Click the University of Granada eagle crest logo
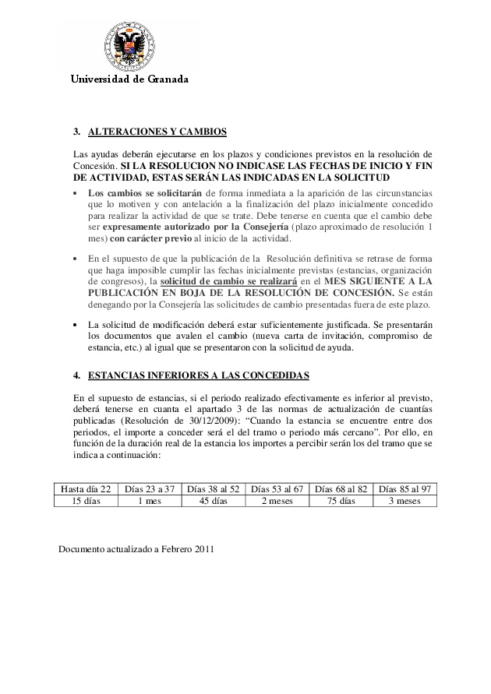[129, 45]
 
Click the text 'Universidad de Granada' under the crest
[130, 79]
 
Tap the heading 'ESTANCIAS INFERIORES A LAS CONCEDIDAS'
[199, 375]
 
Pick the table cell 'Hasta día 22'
[86, 489]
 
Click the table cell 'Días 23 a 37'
[149, 489]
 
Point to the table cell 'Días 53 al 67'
[277, 489]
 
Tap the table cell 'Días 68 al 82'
[341, 489]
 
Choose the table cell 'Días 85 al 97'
[404, 489]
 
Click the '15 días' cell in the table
[86, 501]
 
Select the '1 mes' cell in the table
[149, 501]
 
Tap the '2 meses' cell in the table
[277, 501]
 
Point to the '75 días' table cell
[341, 501]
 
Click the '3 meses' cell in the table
[404, 501]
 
